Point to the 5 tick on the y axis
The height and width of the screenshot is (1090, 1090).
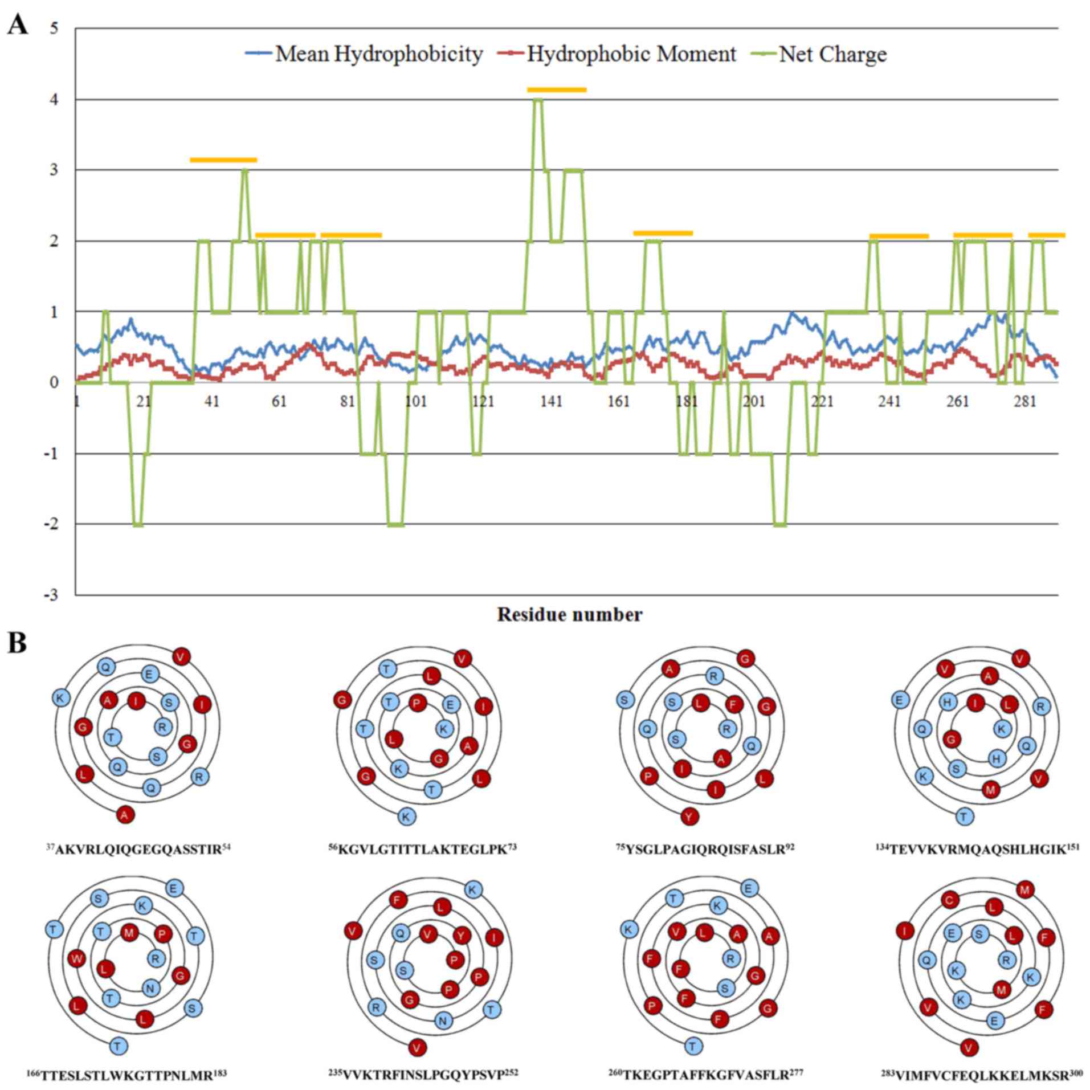[x=54, y=28]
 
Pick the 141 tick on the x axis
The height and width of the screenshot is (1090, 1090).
[x=551, y=402]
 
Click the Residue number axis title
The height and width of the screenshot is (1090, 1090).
[x=569, y=615]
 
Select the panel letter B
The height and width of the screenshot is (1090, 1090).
[x=17, y=644]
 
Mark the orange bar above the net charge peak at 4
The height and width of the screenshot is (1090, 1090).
[x=556, y=89]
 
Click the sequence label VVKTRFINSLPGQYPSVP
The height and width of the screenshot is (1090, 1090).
[x=423, y=1074]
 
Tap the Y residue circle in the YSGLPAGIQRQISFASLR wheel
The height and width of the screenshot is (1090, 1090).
[x=689, y=817]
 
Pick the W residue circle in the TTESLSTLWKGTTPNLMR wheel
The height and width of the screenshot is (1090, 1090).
[x=76, y=958]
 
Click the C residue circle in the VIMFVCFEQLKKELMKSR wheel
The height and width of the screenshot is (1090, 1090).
[x=950, y=900]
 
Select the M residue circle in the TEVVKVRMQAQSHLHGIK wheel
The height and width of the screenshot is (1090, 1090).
[x=991, y=789]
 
